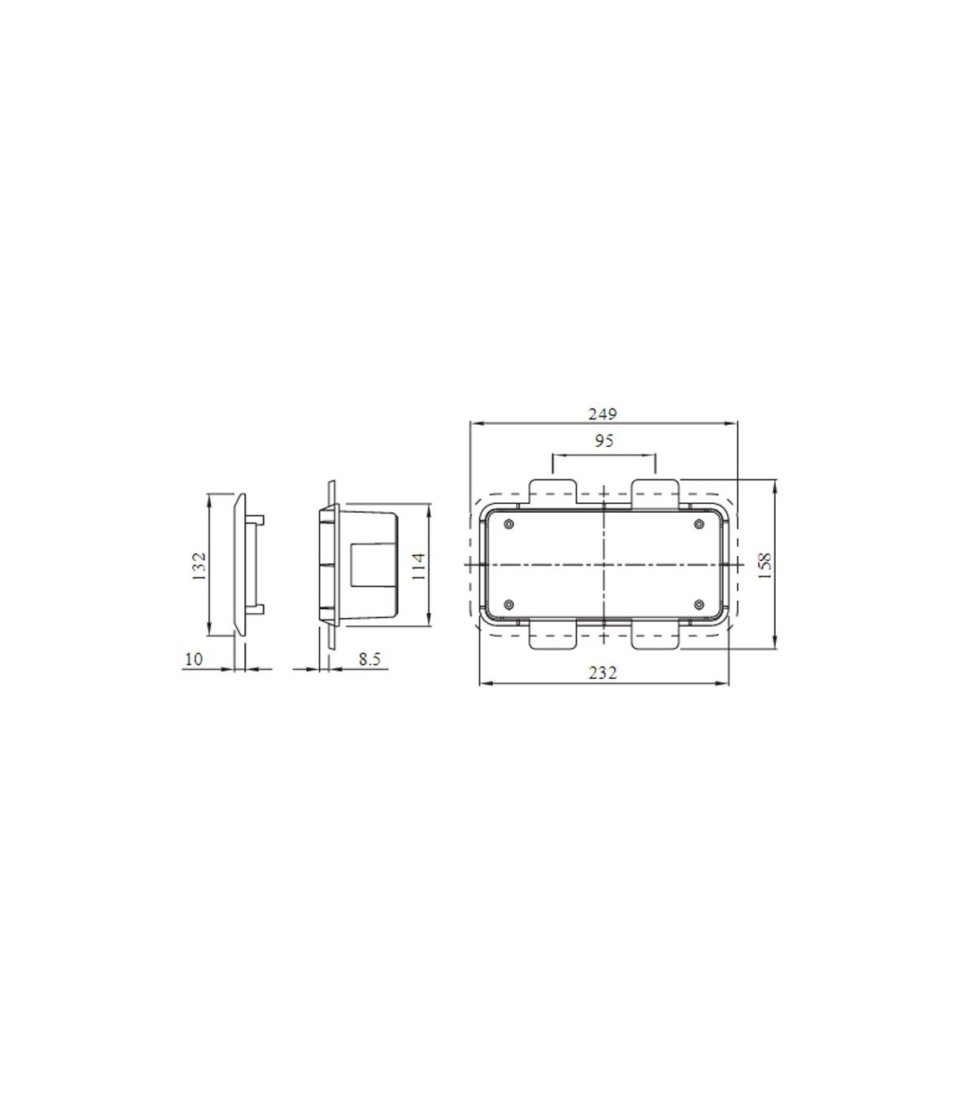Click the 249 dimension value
point(602,414)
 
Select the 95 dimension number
point(603,440)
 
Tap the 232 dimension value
point(603,673)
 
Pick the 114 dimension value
point(418,566)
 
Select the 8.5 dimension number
point(369,659)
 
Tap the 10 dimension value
point(194,659)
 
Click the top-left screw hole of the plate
point(509,524)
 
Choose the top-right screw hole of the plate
point(698,524)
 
